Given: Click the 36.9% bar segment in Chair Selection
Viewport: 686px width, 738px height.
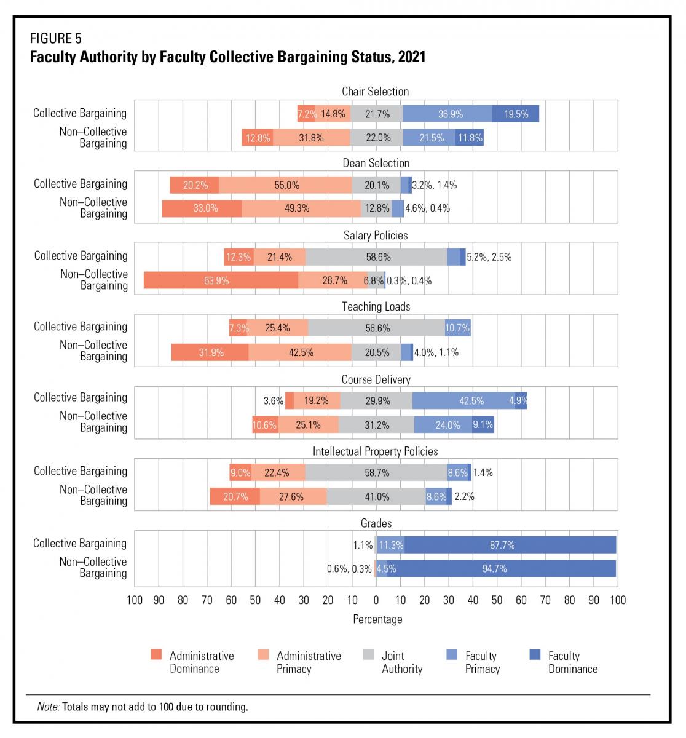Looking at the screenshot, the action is tap(447, 114).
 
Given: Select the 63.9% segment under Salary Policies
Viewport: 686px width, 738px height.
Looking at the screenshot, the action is tap(221, 280).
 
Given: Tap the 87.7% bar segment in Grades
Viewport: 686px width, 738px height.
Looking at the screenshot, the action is tap(510, 545).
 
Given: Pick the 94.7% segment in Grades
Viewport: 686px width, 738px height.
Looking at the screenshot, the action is tap(502, 568).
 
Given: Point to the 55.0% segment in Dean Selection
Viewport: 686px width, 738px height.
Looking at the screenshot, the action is tap(285, 185).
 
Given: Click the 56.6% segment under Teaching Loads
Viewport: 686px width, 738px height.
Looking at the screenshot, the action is tap(377, 328).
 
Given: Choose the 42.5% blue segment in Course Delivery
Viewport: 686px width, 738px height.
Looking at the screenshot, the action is tap(463, 400).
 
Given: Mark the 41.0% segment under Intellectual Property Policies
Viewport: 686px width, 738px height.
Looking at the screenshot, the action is tap(376, 496).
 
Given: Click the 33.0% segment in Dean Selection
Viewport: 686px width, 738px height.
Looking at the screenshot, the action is tap(202, 208).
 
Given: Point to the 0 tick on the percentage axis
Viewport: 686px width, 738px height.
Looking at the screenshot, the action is tap(376, 600).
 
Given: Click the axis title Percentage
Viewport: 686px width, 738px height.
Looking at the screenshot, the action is tap(377, 619).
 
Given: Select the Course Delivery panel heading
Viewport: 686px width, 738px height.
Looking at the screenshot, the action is tap(376, 379).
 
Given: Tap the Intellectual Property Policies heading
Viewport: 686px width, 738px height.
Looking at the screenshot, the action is tap(375, 451).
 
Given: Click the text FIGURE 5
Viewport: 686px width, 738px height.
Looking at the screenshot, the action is tap(56, 38).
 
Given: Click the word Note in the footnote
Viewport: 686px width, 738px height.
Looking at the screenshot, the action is tap(49, 707).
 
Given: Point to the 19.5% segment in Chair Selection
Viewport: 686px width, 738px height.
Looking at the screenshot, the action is tap(516, 114).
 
